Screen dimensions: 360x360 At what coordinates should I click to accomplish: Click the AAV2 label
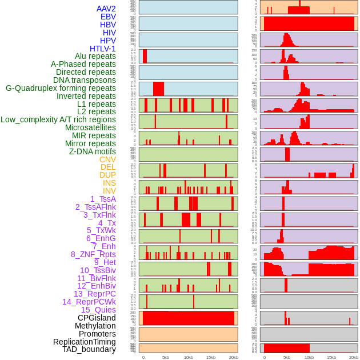click(x=106, y=9)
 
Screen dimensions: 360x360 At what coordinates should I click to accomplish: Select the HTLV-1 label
click(x=102, y=49)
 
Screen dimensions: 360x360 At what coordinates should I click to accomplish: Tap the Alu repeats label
click(x=95, y=56)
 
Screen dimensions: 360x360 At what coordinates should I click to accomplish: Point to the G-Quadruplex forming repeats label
click(x=61, y=88)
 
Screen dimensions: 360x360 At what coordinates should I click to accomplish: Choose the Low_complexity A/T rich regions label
click(x=58, y=119)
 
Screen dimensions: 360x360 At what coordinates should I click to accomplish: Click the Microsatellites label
click(x=90, y=127)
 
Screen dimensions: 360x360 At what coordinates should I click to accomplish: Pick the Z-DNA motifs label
click(x=92, y=151)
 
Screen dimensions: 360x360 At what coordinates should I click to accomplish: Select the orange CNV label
click(x=107, y=159)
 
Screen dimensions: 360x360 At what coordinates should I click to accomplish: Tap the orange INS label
click(x=109, y=183)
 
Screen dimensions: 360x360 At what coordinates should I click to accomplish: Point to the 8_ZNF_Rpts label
click(x=93, y=254)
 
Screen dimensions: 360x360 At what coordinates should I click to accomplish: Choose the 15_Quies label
click(x=98, y=310)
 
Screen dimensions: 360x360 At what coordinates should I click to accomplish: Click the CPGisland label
click(x=97, y=318)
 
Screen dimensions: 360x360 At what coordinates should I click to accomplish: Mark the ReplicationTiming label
click(x=84, y=342)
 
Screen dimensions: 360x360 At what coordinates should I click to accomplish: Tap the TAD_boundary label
click(x=89, y=349)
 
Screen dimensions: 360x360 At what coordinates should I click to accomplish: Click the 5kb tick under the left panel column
click(x=166, y=357)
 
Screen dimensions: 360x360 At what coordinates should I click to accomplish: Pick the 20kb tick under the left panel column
click(x=234, y=357)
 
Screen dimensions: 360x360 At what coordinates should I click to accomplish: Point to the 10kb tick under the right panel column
click(x=309, y=357)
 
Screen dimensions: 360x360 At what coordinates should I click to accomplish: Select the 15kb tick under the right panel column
click(x=331, y=357)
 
